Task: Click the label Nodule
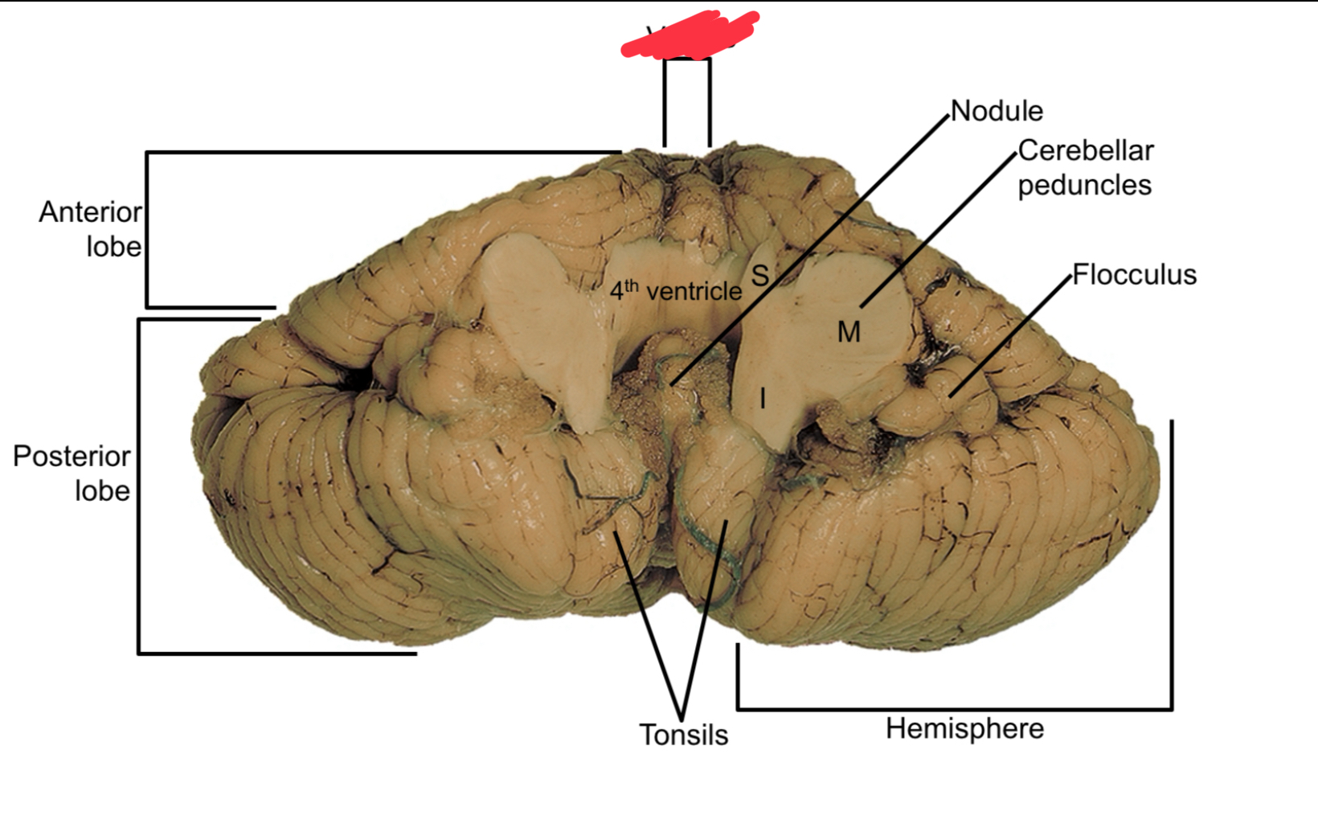(x=997, y=111)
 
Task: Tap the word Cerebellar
(x=1085, y=150)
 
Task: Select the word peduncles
(x=1084, y=185)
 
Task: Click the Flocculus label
(x=1134, y=275)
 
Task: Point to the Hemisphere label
(x=964, y=729)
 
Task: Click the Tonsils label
(x=683, y=735)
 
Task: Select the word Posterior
(x=72, y=457)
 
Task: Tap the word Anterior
(x=90, y=212)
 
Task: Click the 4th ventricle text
(x=675, y=290)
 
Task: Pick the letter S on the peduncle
(x=759, y=276)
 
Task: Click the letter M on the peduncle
(x=849, y=331)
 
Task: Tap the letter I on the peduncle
(x=762, y=397)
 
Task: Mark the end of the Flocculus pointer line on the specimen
(x=949, y=396)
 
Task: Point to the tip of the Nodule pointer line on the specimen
(x=671, y=384)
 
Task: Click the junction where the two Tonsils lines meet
(x=682, y=718)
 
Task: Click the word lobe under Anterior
(x=113, y=247)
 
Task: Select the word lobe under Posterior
(x=102, y=491)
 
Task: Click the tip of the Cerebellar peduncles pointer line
(x=861, y=306)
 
